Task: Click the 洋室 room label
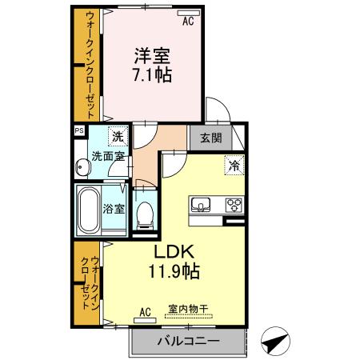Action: pos(151,58)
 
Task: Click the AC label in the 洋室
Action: pos(188,22)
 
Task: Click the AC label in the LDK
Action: pos(146,311)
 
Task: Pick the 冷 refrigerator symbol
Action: pos(234,166)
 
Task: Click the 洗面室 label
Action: pos(106,156)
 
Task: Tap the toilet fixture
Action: pos(145,214)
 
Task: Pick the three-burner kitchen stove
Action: pos(234,203)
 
